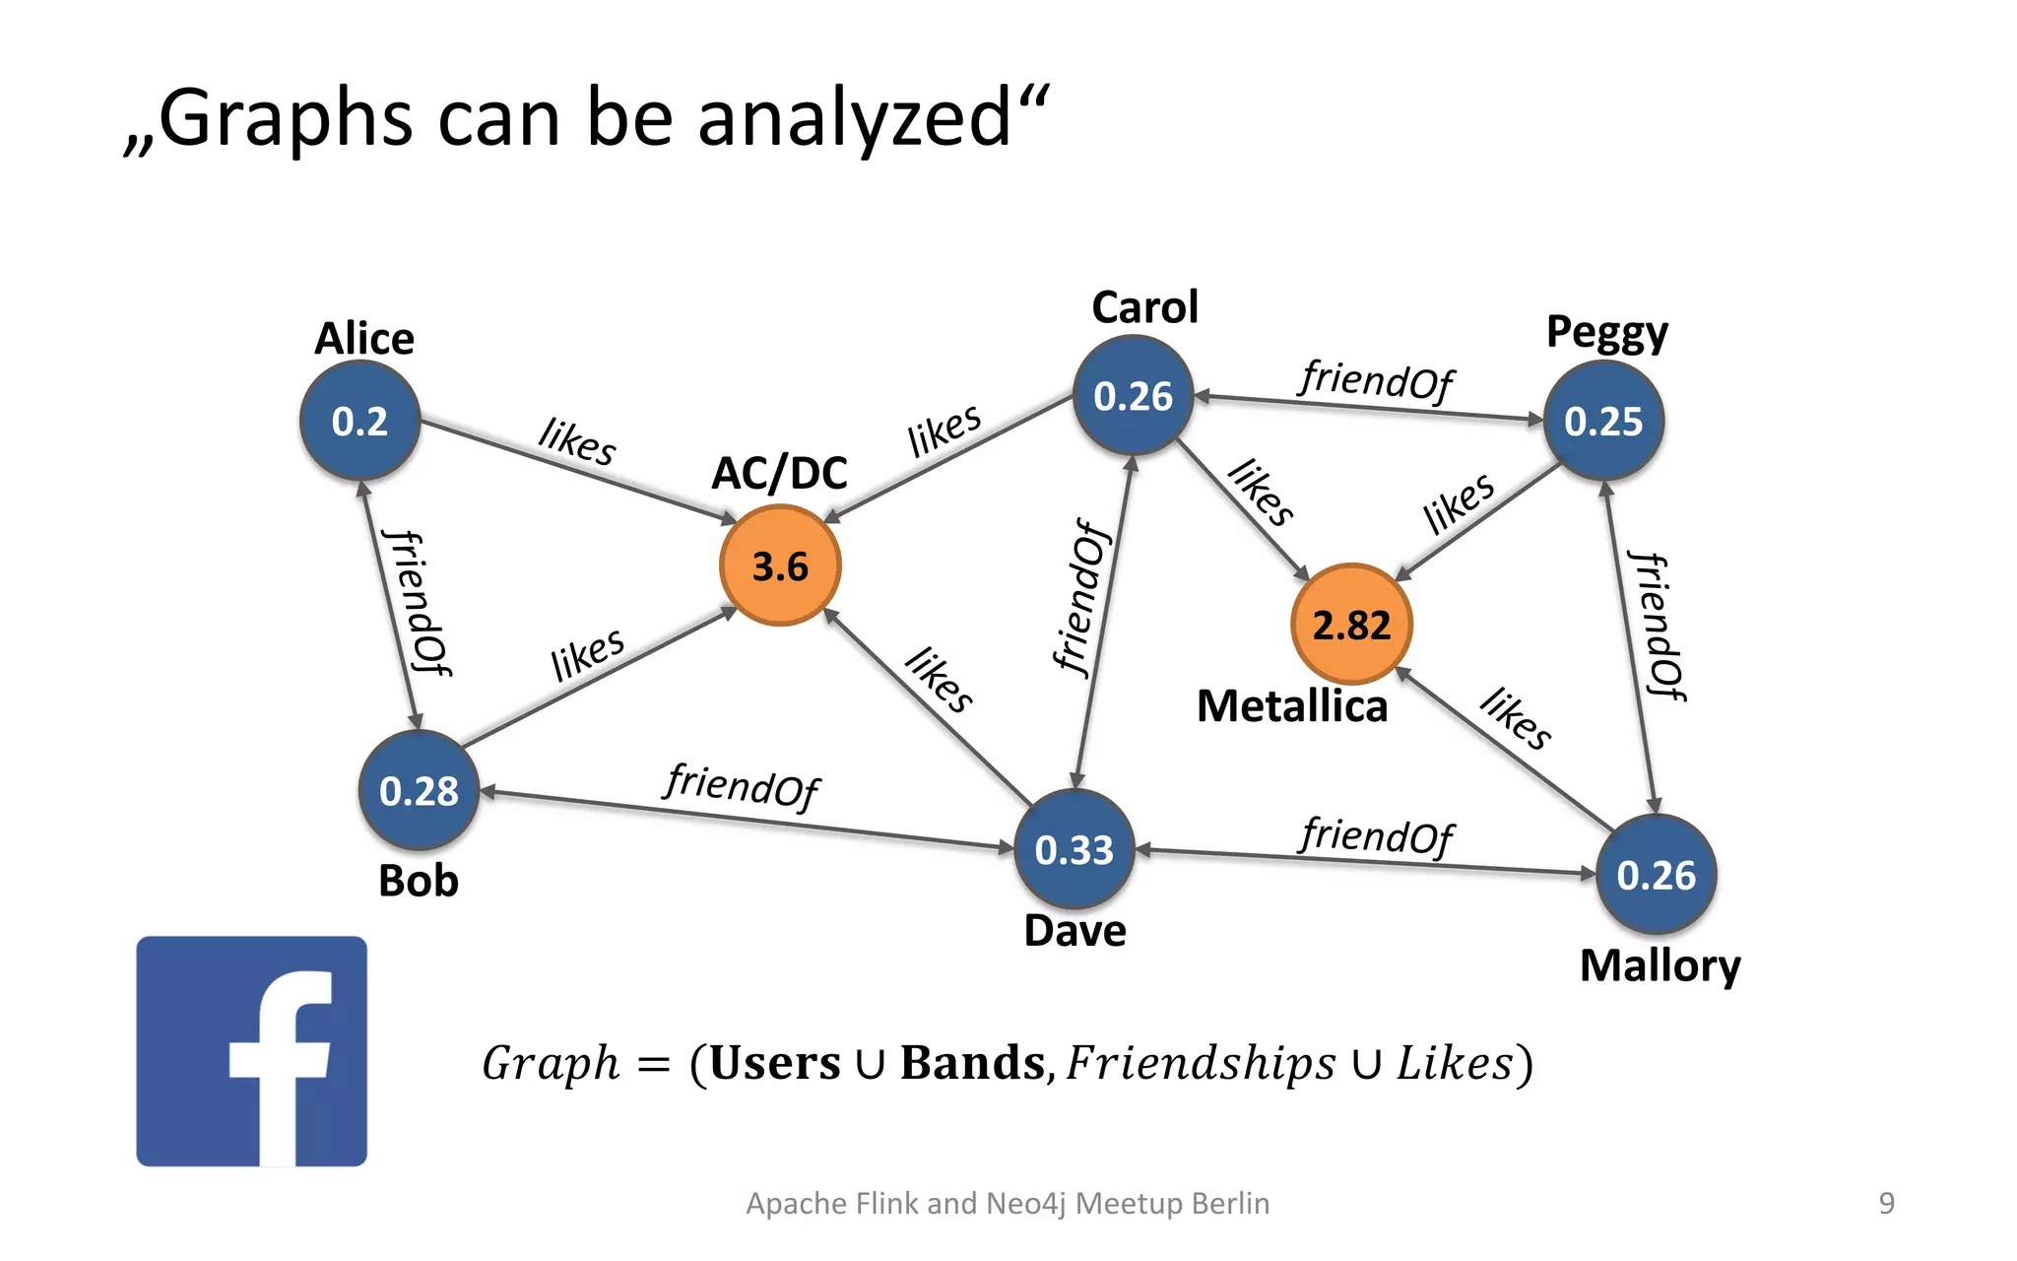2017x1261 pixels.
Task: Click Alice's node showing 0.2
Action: (360, 421)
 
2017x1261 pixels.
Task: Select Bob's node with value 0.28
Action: (420, 790)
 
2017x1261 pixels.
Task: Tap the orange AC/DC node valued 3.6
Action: (780, 565)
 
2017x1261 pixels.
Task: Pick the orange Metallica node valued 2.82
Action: (1351, 625)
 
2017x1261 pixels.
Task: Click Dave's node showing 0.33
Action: (1074, 849)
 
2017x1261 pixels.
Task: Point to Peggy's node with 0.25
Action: (1603, 421)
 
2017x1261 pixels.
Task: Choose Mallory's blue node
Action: (1657, 875)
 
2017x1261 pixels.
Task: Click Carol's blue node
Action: (1134, 396)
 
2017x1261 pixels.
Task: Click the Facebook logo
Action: (252, 1051)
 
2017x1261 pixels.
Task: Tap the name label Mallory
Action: (1660, 965)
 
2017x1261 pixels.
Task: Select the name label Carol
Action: (1145, 307)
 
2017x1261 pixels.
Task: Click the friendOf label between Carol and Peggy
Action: (1376, 379)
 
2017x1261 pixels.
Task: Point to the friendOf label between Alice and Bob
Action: (418, 602)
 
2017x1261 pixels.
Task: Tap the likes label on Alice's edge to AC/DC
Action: (577, 440)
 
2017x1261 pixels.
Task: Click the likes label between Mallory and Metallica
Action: (1516, 717)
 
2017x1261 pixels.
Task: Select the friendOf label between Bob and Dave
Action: (742, 785)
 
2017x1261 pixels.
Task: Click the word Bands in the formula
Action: (972, 1063)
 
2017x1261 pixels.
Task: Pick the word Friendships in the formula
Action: (1201, 1063)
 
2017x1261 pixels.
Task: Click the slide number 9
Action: (1886, 1203)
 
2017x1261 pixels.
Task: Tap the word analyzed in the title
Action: (855, 118)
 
